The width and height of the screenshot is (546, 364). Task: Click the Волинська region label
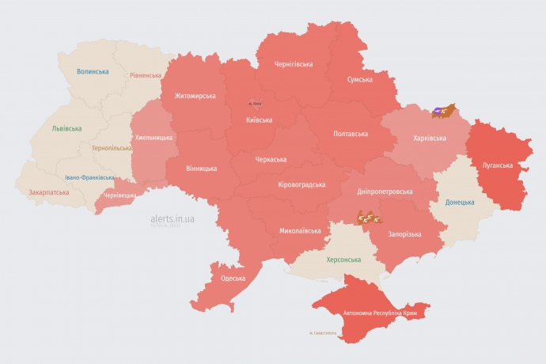pyautogui.click(x=93, y=71)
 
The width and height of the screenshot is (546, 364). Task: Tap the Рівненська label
pyautogui.click(x=146, y=76)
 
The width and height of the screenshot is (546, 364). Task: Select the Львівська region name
pyautogui.click(x=66, y=128)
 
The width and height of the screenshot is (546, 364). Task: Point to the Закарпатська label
pyautogui.click(x=47, y=191)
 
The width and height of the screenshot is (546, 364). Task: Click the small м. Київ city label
pyautogui.click(x=255, y=103)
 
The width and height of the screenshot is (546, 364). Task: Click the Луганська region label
pyautogui.click(x=497, y=165)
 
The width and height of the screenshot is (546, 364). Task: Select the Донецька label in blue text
pyautogui.click(x=460, y=203)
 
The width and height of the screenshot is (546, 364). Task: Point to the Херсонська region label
pyautogui.click(x=343, y=260)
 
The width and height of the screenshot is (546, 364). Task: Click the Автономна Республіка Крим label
pyautogui.click(x=380, y=314)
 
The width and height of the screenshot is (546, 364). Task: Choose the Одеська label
pyautogui.click(x=233, y=278)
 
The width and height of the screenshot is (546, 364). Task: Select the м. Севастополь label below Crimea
pyautogui.click(x=323, y=332)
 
